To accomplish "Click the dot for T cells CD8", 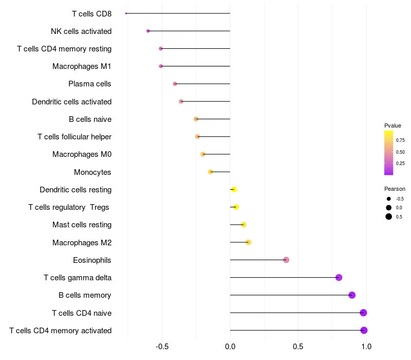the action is (x=126, y=13).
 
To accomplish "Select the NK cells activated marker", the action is (x=148, y=31).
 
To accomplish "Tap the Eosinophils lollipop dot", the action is (x=286, y=260).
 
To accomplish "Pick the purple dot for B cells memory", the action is (x=352, y=295).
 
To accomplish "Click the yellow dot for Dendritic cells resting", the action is (x=234, y=189).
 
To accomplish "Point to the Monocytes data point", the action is (x=211, y=172).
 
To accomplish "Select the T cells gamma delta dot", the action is (x=339, y=277).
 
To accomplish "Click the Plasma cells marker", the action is (x=175, y=84).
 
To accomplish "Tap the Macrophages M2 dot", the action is (x=249, y=242).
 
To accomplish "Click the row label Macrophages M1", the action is (x=82, y=66).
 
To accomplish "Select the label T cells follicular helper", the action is (x=74, y=137).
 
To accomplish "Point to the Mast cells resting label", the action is (x=82, y=225).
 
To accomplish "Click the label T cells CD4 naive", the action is (x=82, y=313).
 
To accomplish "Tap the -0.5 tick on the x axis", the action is (x=162, y=347).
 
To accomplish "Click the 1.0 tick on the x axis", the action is (x=366, y=347).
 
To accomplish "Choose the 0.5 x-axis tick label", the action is (x=298, y=347).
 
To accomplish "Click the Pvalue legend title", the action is (x=393, y=125).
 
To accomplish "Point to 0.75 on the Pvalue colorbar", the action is (x=400, y=140).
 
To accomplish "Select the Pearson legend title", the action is (x=395, y=189).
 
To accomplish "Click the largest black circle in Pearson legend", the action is (x=389, y=217).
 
